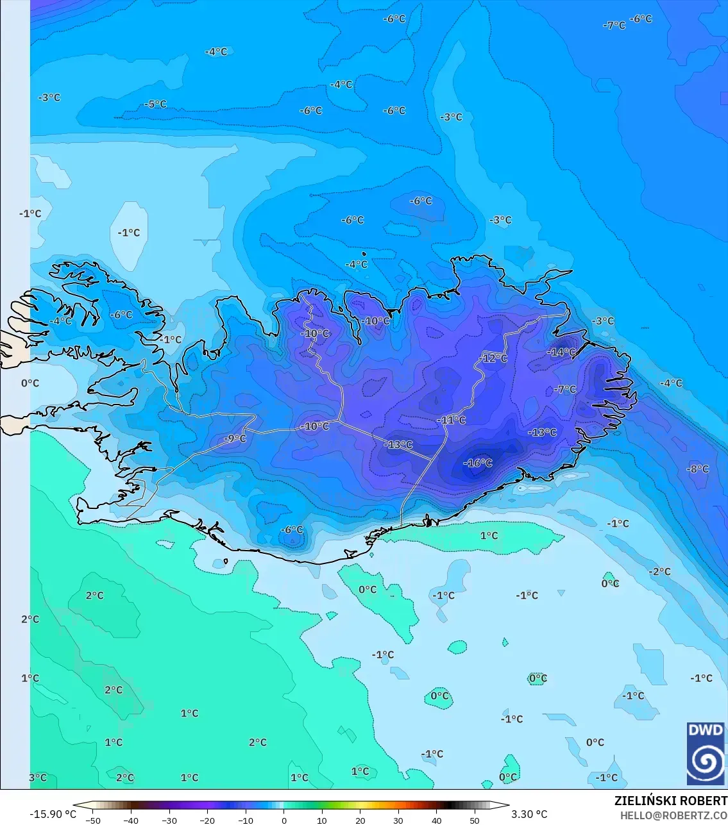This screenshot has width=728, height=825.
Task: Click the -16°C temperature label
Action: pyautogui.click(x=478, y=463)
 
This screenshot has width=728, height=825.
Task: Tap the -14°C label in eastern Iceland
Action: pyautogui.click(x=562, y=353)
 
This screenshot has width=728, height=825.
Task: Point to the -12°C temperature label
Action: pyautogui.click(x=493, y=358)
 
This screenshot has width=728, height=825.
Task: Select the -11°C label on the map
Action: pyautogui.click(x=452, y=421)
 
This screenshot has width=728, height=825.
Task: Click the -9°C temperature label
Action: pyautogui.click(x=235, y=439)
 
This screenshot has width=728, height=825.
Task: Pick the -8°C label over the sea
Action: pyautogui.click(x=698, y=469)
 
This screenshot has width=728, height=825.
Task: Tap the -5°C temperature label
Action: pyautogui.click(x=155, y=104)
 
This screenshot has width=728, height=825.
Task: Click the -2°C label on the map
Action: pyautogui.click(x=659, y=572)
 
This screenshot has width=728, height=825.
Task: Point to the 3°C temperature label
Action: pyautogui.click(x=38, y=778)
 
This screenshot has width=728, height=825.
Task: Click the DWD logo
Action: pyautogui.click(x=706, y=754)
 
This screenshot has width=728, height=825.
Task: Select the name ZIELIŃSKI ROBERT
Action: pyautogui.click(x=670, y=801)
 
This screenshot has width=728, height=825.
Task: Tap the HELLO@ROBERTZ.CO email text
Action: pyautogui.click(x=673, y=815)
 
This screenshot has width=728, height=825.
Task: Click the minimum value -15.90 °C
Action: pyautogui.click(x=53, y=814)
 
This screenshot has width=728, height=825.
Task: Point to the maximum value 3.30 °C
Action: pyautogui.click(x=529, y=814)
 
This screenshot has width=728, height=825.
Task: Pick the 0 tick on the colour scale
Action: pyautogui.click(x=284, y=820)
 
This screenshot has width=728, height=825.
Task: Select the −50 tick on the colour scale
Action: pyautogui.click(x=93, y=820)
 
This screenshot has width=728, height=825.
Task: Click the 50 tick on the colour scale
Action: pyautogui.click(x=475, y=820)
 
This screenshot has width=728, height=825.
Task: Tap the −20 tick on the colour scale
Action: pyautogui.click(x=207, y=820)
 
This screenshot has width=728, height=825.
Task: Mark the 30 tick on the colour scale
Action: pyautogui.click(x=398, y=820)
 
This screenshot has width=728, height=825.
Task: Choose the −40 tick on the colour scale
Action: pyautogui.click(x=131, y=820)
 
